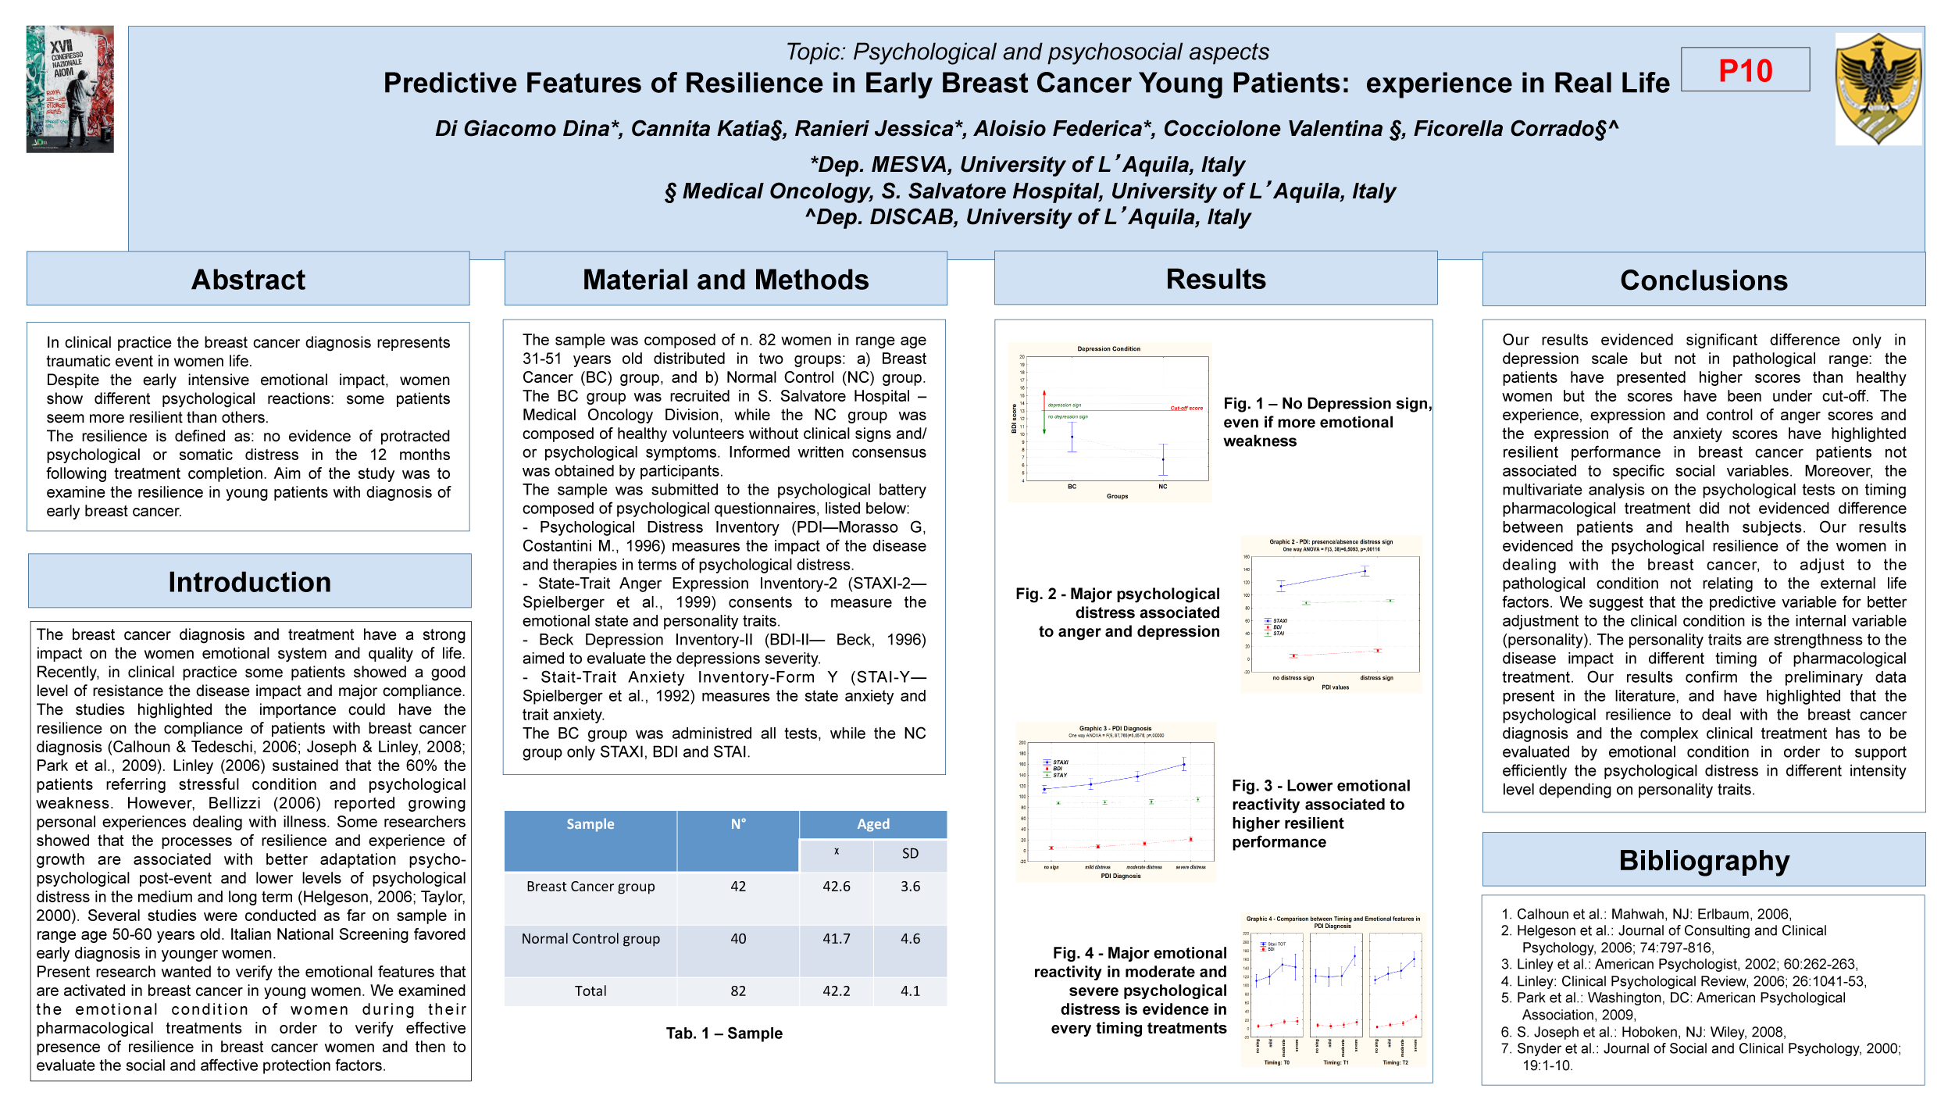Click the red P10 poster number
[x=1745, y=70]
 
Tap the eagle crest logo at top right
[x=1878, y=88]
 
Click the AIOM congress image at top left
[x=70, y=88]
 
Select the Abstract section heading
[x=248, y=279]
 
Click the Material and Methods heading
[x=726, y=279]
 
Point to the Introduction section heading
[x=250, y=582]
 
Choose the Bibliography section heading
[x=1704, y=860]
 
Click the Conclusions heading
[x=1704, y=280]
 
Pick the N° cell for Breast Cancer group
[x=738, y=887]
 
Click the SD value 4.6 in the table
[x=910, y=939]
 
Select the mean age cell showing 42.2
[x=836, y=991]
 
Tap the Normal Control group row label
[x=590, y=939]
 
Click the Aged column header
[x=872, y=824]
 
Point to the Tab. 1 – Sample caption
[x=724, y=1034]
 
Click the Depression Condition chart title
[x=1108, y=349]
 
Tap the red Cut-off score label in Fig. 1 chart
[x=1186, y=408]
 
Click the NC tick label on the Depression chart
[x=1162, y=487]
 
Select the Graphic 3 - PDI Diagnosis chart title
[x=1115, y=728]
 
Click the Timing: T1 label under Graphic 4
[x=1336, y=1062]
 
